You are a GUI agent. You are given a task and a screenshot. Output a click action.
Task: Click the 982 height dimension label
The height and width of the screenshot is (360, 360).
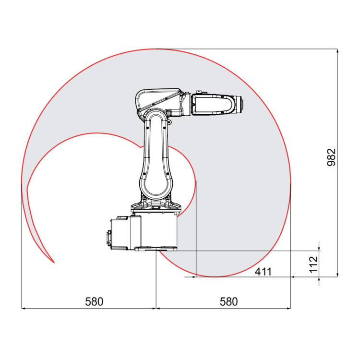(x=331, y=157)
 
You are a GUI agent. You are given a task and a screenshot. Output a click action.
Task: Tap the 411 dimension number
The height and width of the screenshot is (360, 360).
(x=263, y=272)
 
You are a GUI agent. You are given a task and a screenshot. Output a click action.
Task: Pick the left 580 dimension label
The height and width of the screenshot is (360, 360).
(x=94, y=301)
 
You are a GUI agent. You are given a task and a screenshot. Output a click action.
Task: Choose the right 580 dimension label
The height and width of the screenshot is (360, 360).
(x=228, y=301)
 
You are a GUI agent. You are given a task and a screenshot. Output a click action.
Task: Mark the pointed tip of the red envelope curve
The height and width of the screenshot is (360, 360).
(x=54, y=263)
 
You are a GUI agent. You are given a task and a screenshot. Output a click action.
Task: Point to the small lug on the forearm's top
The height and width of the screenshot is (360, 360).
(x=199, y=92)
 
